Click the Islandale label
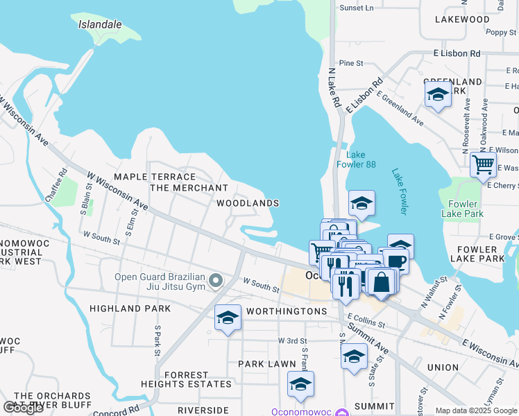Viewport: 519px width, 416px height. tap(100, 24)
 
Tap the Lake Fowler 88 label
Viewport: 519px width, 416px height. tap(356, 159)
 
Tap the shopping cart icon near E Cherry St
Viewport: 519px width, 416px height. tap(483, 165)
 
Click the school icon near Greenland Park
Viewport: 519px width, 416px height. tap(438, 95)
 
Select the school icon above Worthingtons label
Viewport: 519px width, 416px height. tap(228, 318)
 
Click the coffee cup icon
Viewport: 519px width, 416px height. tap(397, 261)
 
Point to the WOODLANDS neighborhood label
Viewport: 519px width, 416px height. tap(248, 203)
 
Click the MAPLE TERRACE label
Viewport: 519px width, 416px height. tap(150, 177)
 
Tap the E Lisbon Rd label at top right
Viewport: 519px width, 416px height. tap(457, 53)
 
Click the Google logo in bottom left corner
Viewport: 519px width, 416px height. tap(23, 408)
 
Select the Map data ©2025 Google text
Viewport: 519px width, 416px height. tap(476, 411)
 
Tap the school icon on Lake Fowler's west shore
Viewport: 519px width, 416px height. tap(361, 204)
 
